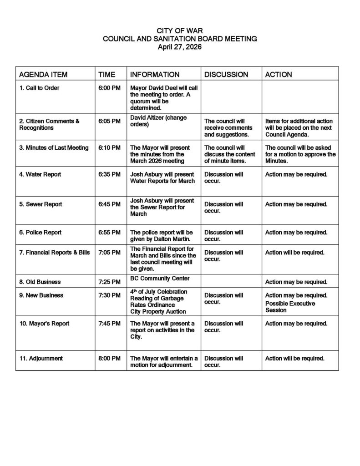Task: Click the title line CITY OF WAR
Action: coord(180,30)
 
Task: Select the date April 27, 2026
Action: coord(180,46)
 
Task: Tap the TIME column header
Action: coord(107,74)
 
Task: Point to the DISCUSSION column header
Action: coord(226,74)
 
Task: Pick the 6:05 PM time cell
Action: coord(109,121)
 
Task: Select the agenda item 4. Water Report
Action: coord(40,174)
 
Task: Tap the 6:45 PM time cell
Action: coord(109,204)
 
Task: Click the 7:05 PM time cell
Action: coord(109,253)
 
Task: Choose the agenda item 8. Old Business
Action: coord(40,282)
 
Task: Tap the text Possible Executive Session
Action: coord(290,307)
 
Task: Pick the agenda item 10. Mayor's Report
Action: coord(44,324)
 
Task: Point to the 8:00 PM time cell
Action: coord(109,359)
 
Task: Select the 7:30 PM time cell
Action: coord(109,295)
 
